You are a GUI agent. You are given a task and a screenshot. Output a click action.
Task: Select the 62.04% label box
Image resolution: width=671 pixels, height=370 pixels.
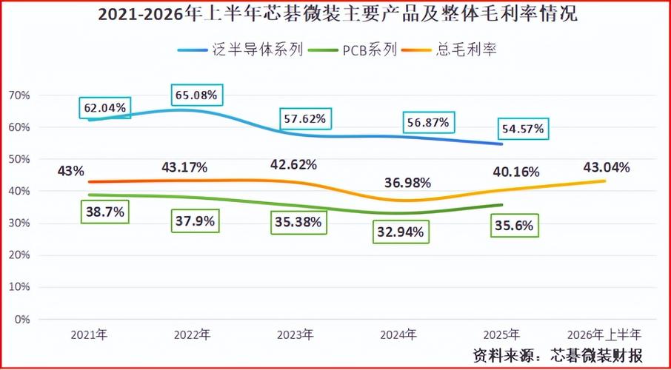pyautogui.click(x=105, y=108)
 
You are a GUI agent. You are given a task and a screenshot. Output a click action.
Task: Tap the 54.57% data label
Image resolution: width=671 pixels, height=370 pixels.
pyautogui.click(x=523, y=129)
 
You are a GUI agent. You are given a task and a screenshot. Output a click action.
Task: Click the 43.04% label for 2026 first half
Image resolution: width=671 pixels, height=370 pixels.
pyautogui.click(x=607, y=168)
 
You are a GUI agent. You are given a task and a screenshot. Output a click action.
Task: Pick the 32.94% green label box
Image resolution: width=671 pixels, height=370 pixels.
pyautogui.click(x=401, y=232)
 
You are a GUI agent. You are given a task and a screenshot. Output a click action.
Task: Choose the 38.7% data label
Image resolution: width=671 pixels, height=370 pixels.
pyautogui.click(x=105, y=212)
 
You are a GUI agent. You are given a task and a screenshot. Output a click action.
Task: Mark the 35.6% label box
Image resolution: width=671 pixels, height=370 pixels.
pyautogui.click(x=514, y=226)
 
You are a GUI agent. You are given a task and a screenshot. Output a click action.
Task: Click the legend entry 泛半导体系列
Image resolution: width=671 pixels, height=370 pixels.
pyautogui.click(x=241, y=50)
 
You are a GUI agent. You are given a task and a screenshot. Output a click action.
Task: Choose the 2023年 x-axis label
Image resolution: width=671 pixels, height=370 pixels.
pyautogui.click(x=296, y=334)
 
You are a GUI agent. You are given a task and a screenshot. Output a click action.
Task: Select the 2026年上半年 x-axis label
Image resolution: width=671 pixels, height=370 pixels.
pyautogui.click(x=604, y=334)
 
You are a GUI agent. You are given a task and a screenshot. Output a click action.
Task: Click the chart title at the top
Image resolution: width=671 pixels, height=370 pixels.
pyautogui.click(x=338, y=15)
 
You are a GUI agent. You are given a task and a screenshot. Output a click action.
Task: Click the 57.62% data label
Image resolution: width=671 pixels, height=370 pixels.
pyautogui.click(x=306, y=118)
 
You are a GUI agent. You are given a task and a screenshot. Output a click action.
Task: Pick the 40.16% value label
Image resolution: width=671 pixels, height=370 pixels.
pyautogui.click(x=516, y=172)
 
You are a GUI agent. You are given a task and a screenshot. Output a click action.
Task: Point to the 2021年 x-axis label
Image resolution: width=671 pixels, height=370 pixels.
pyautogui.click(x=90, y=334)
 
